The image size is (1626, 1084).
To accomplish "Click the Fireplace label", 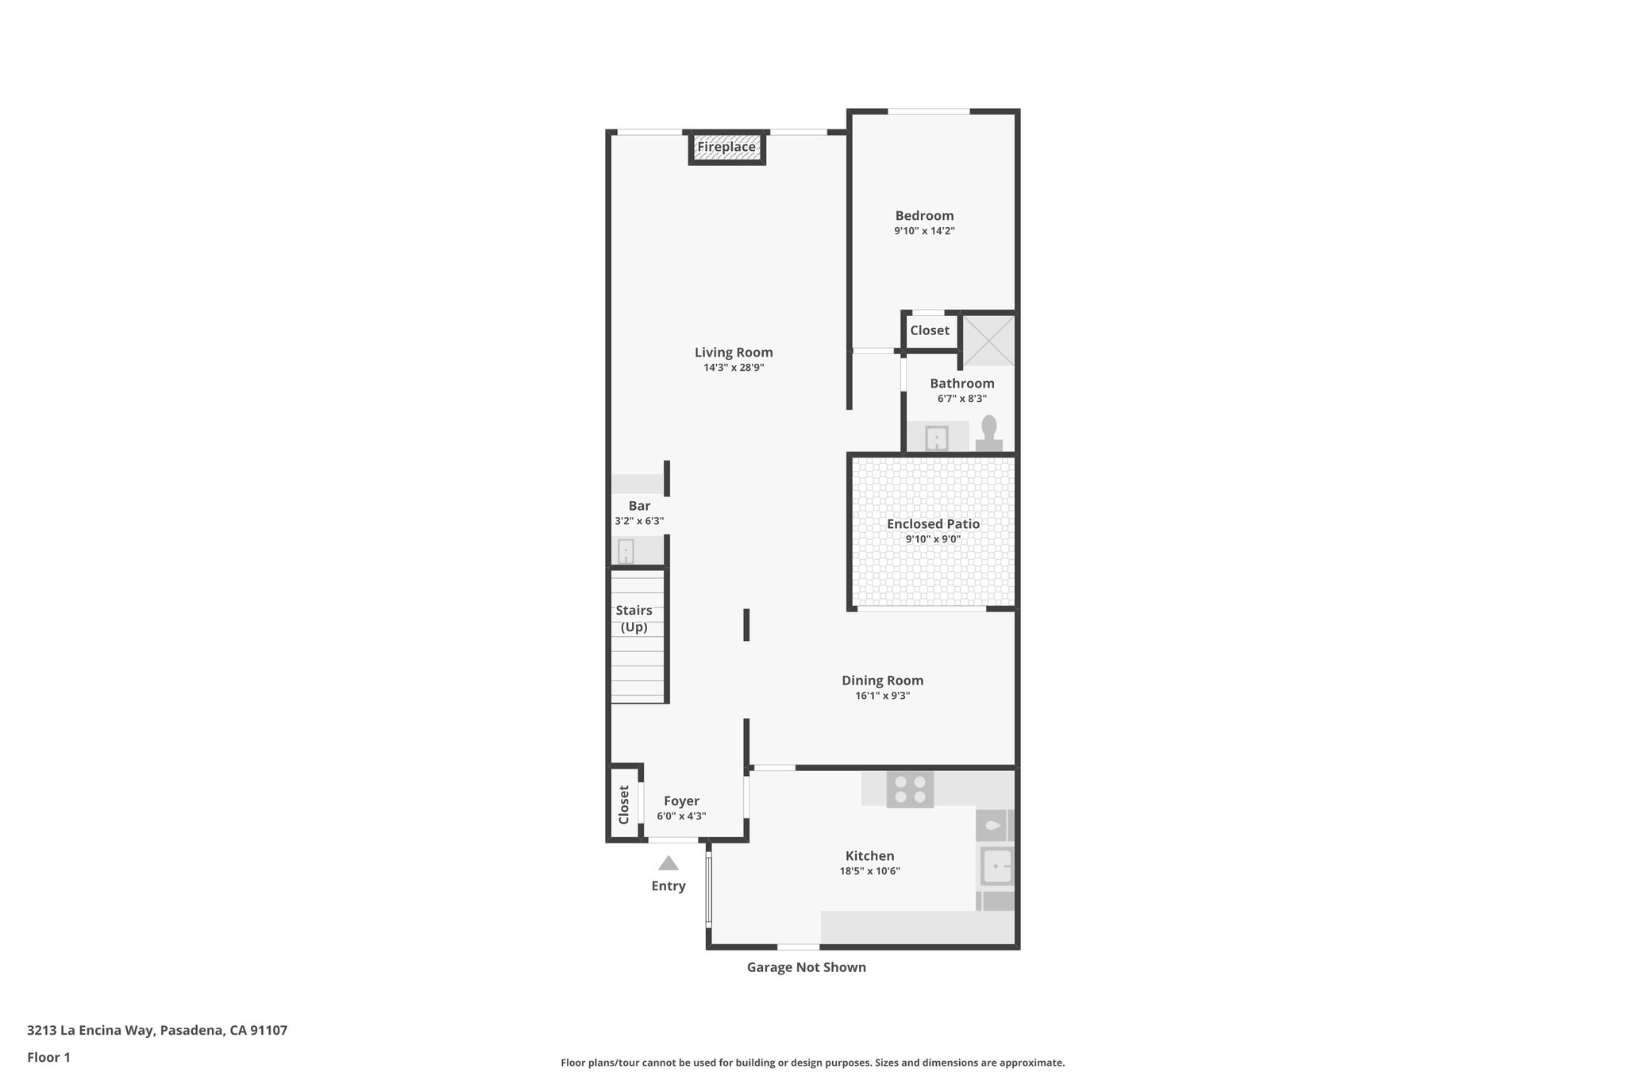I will (726, 147).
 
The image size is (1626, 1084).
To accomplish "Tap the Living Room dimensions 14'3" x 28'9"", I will (734, 368).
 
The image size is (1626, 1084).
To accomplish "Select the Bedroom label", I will (924, 215).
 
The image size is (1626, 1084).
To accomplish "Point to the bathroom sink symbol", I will (937, 438).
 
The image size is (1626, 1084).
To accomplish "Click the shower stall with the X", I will (988, 340).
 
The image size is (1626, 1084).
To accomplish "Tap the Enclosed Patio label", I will (933, 524).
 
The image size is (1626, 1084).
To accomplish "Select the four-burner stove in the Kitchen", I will (910, 789).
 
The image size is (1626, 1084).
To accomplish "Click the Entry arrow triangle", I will (669, 863).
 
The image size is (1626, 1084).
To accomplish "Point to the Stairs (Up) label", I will (634, 619).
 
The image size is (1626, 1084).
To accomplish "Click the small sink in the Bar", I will (626, 550).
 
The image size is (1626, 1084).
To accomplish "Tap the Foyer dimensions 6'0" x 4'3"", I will (681, 816).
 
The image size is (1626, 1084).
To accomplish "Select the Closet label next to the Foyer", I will (624, 804).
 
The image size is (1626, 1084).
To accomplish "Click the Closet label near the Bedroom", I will (930, 330).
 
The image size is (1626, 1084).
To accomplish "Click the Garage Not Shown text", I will (806, 967).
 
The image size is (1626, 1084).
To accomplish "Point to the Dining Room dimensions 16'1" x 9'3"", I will (882, 696).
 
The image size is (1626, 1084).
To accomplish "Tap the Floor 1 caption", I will (48, 1058).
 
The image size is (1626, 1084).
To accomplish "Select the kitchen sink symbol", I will (996, 866).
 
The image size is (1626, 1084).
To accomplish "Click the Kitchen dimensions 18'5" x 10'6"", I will (869, 871).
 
